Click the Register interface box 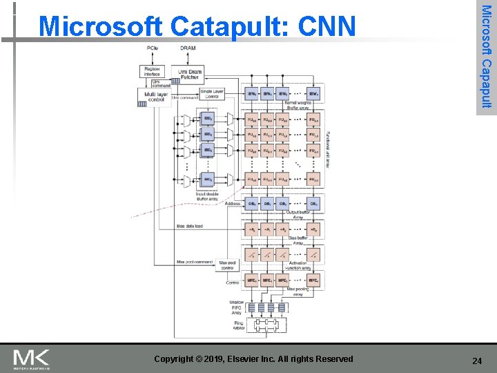coord(153,71)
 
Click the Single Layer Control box coord(211,94)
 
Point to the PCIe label coord(152,47)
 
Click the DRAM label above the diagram coord(187,47)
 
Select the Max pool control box coord(226,265)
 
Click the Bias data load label coord(190,226)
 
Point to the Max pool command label coord(195,262)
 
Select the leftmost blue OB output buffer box coord(253,204)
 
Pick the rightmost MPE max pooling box coord(313,281)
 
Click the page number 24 coord(476,360)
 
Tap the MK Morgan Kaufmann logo coord(32,358)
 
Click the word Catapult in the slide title coord(225,26)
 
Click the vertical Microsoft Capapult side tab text coord(486,56)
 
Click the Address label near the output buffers coord(233,204)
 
